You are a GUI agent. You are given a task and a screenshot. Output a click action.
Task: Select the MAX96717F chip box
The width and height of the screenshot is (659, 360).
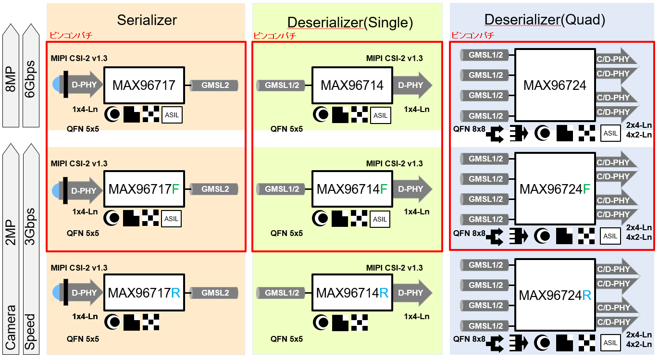click(x=144, y=189)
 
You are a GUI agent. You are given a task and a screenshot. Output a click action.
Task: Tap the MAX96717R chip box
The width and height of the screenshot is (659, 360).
click(x=144, y=293)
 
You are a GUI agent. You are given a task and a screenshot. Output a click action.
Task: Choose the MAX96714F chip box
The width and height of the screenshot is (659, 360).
click(x=352, y=189)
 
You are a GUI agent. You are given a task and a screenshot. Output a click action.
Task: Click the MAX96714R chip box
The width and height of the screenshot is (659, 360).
click(x=352, y=293)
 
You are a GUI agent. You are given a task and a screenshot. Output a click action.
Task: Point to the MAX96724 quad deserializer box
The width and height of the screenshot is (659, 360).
click(x=555, y=86)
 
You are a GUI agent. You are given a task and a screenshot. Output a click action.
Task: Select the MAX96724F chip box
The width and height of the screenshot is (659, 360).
click(x=555, y=189)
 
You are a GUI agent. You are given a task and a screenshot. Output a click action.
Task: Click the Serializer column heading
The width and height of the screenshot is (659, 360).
click(x=147, y=20)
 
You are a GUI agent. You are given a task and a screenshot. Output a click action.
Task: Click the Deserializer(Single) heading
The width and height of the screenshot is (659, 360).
click(x=350, y=22)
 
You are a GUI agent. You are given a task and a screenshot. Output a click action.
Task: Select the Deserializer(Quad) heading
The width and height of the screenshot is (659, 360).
click(x=545, y=20)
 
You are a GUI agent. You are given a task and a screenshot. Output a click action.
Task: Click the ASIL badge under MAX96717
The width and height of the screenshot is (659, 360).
click(x=172, y=115)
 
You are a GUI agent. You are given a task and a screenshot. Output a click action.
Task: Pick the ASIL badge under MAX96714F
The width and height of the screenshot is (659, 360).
click(x=380, y=219)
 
